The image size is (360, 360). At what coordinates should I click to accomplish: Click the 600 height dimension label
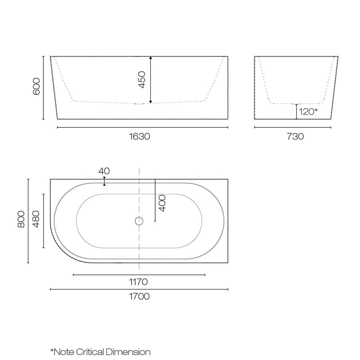[36, 86]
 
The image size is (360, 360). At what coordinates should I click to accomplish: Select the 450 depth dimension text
[142, 80]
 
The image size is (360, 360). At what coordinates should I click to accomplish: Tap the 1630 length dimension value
[140, 136]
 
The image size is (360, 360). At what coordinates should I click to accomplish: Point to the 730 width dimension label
[295, 136]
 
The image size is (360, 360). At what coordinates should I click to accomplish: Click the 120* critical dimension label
[308, 112]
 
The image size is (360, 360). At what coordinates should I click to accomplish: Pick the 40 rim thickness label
[104, 171]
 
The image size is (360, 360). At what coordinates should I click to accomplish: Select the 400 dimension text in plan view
[162, 203]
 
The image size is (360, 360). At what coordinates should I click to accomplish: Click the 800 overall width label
[21, 219]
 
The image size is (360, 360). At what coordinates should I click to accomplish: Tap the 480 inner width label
[36, 219]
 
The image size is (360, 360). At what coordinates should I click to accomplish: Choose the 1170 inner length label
[138, 282]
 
